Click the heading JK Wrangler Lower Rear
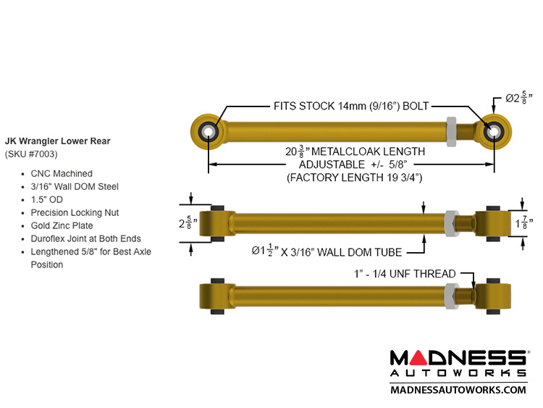click(58, 141)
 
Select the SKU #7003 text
click(31, 154)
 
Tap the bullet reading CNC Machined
click(62, 174)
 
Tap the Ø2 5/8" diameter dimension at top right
click(519, 98)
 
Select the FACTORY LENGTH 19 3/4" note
click(354, 177)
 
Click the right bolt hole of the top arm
click(495, 131)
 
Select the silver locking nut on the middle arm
click(450, 222)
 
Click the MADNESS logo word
click(458, 358)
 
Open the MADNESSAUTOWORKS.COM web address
click(458, 389)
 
